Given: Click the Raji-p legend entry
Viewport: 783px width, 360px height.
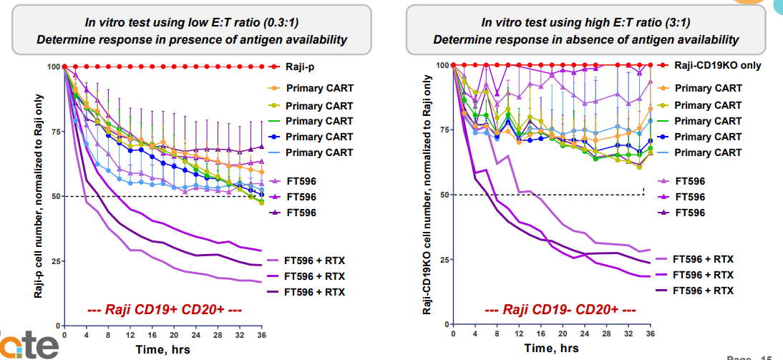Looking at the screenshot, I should point(301,67).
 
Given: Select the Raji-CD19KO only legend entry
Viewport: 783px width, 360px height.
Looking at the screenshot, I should point(717,65).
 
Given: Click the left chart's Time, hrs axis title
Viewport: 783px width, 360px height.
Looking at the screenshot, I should point(163,349).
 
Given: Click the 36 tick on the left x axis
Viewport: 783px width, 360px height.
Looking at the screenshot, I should point(262,334).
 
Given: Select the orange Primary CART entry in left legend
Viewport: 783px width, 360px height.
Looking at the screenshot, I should point(319,89).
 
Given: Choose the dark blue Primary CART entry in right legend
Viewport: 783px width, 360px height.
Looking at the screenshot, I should point(708,137).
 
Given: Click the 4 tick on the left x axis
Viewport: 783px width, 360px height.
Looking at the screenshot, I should point(86,334).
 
